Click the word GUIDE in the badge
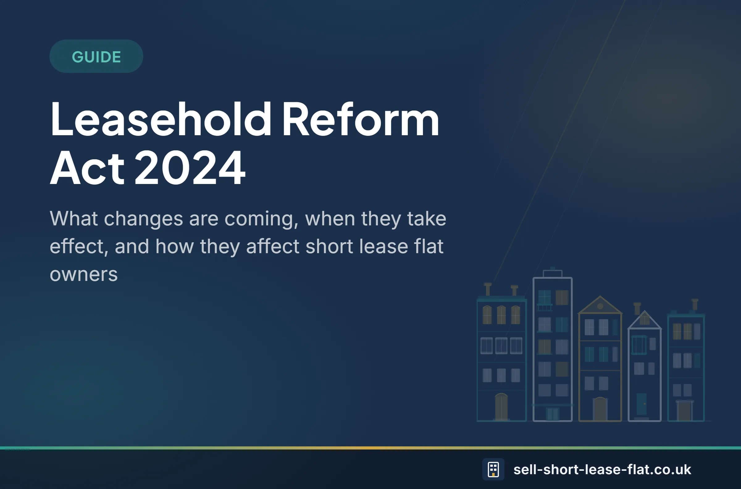click(x=96, y=57)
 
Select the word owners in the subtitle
click(x=84, y=274)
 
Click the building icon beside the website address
click(x=493, y=469)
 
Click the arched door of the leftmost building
click(x=501, y=407)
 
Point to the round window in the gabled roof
click(x=600, y=306)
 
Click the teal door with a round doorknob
click(x=642, y=404)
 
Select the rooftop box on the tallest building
click(x=553, y=274)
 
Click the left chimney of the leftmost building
click(x=488, y=289)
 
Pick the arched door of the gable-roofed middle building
click(x=600, y=409)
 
